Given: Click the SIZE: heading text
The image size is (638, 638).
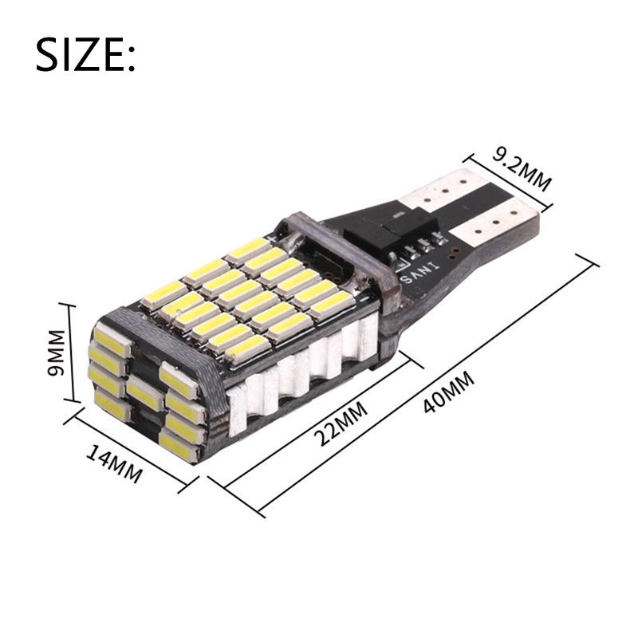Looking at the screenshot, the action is pos(85,55).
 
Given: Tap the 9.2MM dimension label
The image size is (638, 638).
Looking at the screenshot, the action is pos(522,168).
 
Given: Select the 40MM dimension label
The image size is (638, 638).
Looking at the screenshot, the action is pos(448,392).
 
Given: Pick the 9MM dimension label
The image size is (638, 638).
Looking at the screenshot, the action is pos(56,352).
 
